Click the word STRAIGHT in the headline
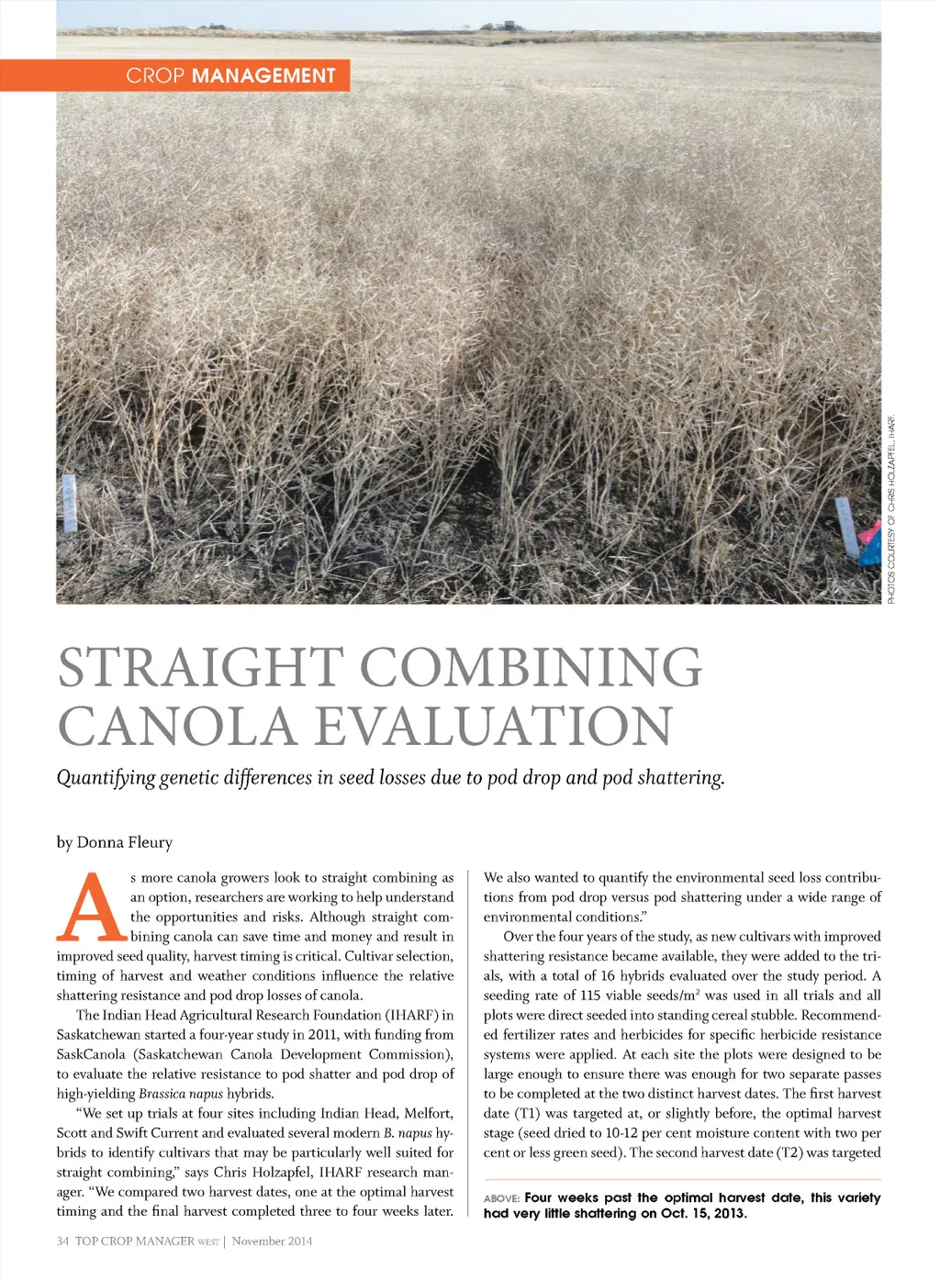(x=200, y=668)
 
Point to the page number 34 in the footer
(x=62, y=1241)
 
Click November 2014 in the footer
(x=273, y=1241)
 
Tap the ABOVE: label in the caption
(x=501, y=1198)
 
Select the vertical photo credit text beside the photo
(x=891, y=510)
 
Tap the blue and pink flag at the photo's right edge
(x=867, y=545)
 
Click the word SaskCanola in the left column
(x=91, y=1054)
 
